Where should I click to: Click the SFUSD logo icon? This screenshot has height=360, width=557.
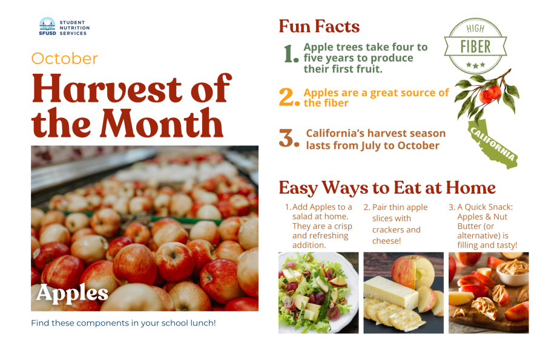[x=47, y=27]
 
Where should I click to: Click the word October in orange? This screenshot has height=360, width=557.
[x=64, y=59]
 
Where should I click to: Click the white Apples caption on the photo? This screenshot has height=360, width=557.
[x=72, y=293]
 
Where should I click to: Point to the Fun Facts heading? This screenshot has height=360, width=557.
[x=319, y=27]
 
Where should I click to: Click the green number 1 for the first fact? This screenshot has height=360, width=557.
[x=291, y=54]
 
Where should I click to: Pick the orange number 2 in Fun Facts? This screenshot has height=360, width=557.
[x=288, y=97]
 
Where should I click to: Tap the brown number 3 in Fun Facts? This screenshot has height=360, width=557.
[x=288, y=138]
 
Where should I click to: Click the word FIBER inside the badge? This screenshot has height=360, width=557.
[x=476, y=47]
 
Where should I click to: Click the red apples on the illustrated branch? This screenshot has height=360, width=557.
[x=490, y=93]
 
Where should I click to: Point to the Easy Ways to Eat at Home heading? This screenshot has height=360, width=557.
[x=387, y=188]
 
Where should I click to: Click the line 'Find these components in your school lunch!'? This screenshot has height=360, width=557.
[x=123, y=323]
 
